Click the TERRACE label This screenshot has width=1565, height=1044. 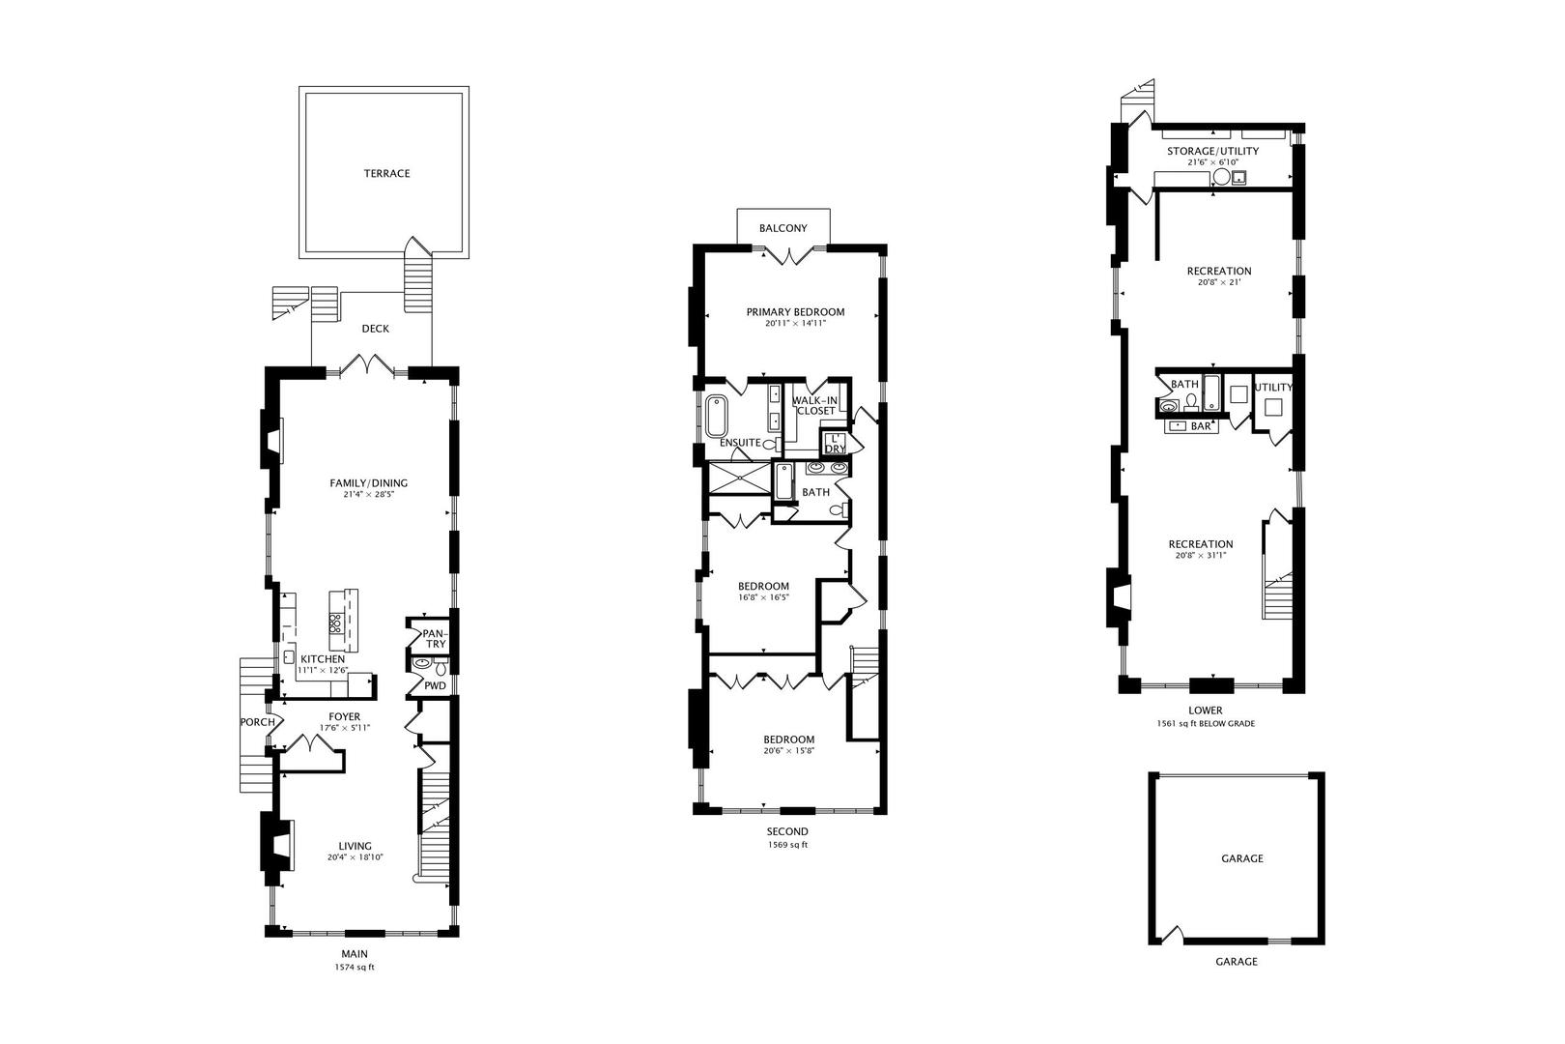pyautogui.click(x=386, y=173)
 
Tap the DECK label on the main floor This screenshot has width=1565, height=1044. pyautogui.click(x=375, y=329)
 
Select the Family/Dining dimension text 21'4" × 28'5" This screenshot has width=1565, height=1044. pyautogui.click(x=369, y=494)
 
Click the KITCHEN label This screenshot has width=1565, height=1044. pyautogui.click(x=322, y=658)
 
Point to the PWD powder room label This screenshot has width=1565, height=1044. pyautogui.click(x=435, y=685)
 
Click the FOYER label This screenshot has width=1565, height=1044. pyautogui.click(x=345, y=716)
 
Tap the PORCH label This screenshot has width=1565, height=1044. pyautogui.click(x=257, y=722)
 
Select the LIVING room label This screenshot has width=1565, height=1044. pyautogui.click(x=355, y=846)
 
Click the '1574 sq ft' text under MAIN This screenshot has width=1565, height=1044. pyautogui.click(x=355, y=968)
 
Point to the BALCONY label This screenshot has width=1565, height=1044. pyautogui.click(x=783, y=228)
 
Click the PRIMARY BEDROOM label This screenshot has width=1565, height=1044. pyautogui.click(x=795, y=312)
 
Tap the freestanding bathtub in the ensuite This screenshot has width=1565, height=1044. pyautogui.click(x=716, y=416)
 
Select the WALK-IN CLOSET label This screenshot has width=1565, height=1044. pyautogui.click(x=814, y=406)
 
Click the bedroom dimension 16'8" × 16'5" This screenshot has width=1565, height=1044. pyautogui.click(x=763, y=597)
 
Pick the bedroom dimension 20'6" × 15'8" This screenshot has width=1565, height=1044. pyautogui.click(x=789, y=751)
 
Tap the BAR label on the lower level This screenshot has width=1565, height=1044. pyautogui.click(x=1200, y=426)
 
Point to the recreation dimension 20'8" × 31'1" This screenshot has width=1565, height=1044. pyautogui.click(x=1201, y=556)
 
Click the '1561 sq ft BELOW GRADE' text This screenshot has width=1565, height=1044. pyautogui.click(x=1206, y=724)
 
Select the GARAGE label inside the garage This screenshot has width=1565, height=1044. pyautogui.click(x=1242, y=858)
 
